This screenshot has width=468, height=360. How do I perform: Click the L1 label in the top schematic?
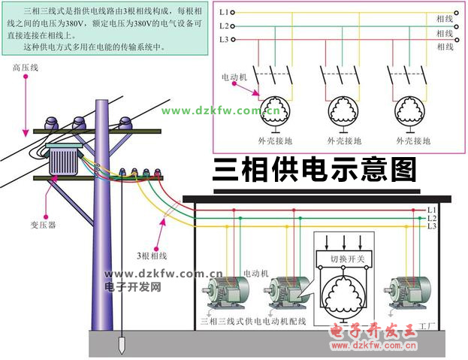[224, 13]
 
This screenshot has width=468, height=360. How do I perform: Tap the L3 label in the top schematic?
[224, 38]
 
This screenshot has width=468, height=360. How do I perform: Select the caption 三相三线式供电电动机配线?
[255, 321]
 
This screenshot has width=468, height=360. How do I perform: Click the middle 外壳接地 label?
[343, 141]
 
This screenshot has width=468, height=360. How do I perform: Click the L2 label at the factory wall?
[431, 218]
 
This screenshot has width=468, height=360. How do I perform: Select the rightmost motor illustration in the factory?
[409, 292]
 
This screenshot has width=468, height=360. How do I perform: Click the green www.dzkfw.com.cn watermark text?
[220, 111]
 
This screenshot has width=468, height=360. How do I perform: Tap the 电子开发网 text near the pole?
[133, 286]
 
